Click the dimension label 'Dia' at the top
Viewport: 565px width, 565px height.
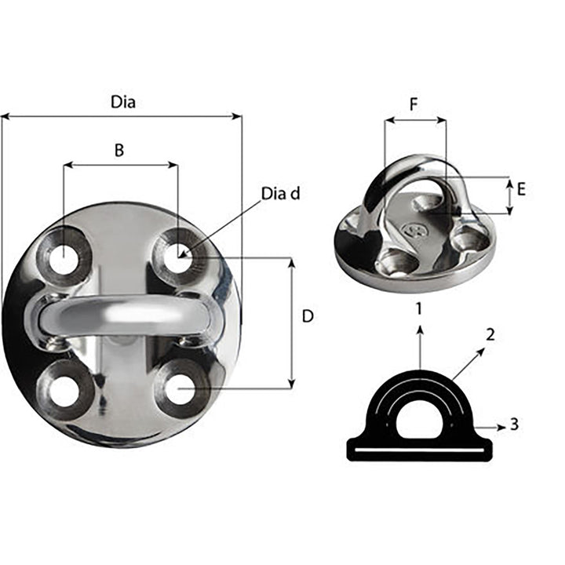[x=122, y=102]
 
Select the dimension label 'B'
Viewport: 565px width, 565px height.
[x=119, y=151]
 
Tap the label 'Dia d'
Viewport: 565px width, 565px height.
[x=280, y=193]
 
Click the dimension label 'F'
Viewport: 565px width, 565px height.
[x=414, y=104]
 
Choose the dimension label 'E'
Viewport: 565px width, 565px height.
[x=521, y=188]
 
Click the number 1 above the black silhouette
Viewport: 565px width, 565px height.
[x=420, y=308]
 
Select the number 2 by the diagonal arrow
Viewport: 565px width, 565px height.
[x=490, y=334]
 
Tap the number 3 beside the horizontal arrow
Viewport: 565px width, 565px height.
[x=514, y=425]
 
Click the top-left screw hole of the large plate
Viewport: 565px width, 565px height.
[x=63, y=258]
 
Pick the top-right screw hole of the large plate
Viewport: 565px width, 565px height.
[x=179, y=257]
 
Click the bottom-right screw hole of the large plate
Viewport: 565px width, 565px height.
[x=180, y=388]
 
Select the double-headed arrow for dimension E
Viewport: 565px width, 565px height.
[x=509, y=195]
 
